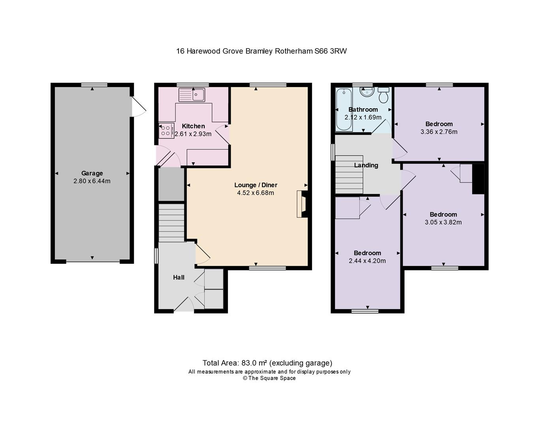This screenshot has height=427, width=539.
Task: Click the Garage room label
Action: click(92, 173)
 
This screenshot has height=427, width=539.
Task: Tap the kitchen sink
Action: click(192, 95)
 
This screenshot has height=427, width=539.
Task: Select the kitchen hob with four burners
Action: click(166, 130)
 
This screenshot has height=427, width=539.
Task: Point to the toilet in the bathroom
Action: click(383, 95)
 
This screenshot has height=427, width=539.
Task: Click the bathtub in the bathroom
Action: click(344, 109)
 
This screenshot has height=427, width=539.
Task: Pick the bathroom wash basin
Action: click(367, 92)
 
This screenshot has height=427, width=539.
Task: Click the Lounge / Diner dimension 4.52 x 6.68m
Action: click(255, 193)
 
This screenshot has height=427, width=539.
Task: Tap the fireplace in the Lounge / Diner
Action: click(302, 204)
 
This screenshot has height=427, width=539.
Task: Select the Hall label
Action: click(178, 277)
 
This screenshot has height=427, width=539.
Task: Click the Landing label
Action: click(366, 165)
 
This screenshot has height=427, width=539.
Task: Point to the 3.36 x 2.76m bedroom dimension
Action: click(439, 132)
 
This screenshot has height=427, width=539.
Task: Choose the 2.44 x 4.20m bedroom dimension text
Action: click(367, 261)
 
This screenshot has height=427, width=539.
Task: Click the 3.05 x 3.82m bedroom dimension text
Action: click(443, 222)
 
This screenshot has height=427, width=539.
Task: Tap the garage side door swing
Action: click(139, 107)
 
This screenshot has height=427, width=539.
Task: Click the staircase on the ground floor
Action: click(171, 223)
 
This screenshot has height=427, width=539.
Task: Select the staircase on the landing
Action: click(349, 174)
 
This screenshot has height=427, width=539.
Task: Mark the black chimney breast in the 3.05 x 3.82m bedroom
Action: click(478, 179)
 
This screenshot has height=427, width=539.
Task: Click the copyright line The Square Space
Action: click(269, 378)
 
